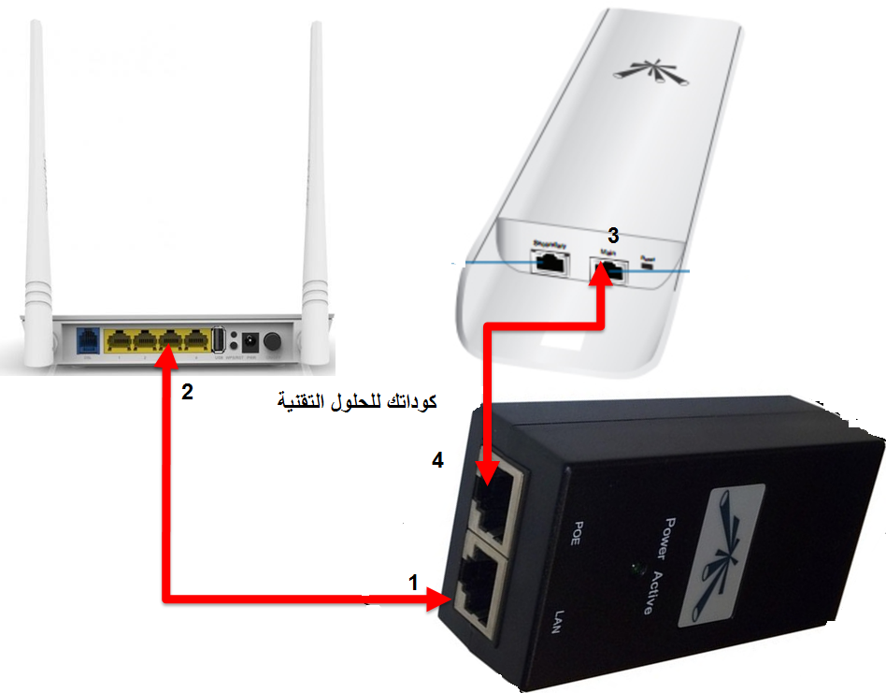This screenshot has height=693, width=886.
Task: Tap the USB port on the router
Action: click(219, 339)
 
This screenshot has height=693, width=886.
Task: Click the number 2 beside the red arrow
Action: click(187, 393)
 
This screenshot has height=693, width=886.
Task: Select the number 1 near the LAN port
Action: click(413, 583)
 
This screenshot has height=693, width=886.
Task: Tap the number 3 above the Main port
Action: click(613, 235)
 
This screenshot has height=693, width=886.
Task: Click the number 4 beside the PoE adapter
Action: click(436, 460)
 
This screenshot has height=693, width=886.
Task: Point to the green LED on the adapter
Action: click(636, 568)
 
